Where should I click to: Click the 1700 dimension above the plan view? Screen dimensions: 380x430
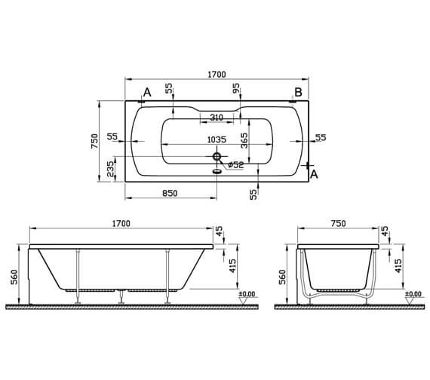coord(216,74)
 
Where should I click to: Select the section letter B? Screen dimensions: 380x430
coord(298,92)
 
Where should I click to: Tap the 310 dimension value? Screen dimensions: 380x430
coord(217,117)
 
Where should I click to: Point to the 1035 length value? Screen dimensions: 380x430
coord(217,139)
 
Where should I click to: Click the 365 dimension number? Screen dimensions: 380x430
coord(244,141)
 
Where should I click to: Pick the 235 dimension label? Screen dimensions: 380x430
coord(112,167)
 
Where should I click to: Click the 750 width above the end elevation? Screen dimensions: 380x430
coord(337,223)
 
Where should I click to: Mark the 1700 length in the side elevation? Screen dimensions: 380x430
coord(121,223)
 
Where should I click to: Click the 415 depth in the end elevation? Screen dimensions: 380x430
coord(398,265)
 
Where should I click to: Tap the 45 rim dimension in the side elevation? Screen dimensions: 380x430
coord(219,233)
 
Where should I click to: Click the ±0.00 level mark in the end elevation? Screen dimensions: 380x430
coord(413,294)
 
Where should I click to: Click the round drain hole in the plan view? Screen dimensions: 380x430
coord(217,157)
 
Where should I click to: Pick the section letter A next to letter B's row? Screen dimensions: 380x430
coord(147,92)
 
